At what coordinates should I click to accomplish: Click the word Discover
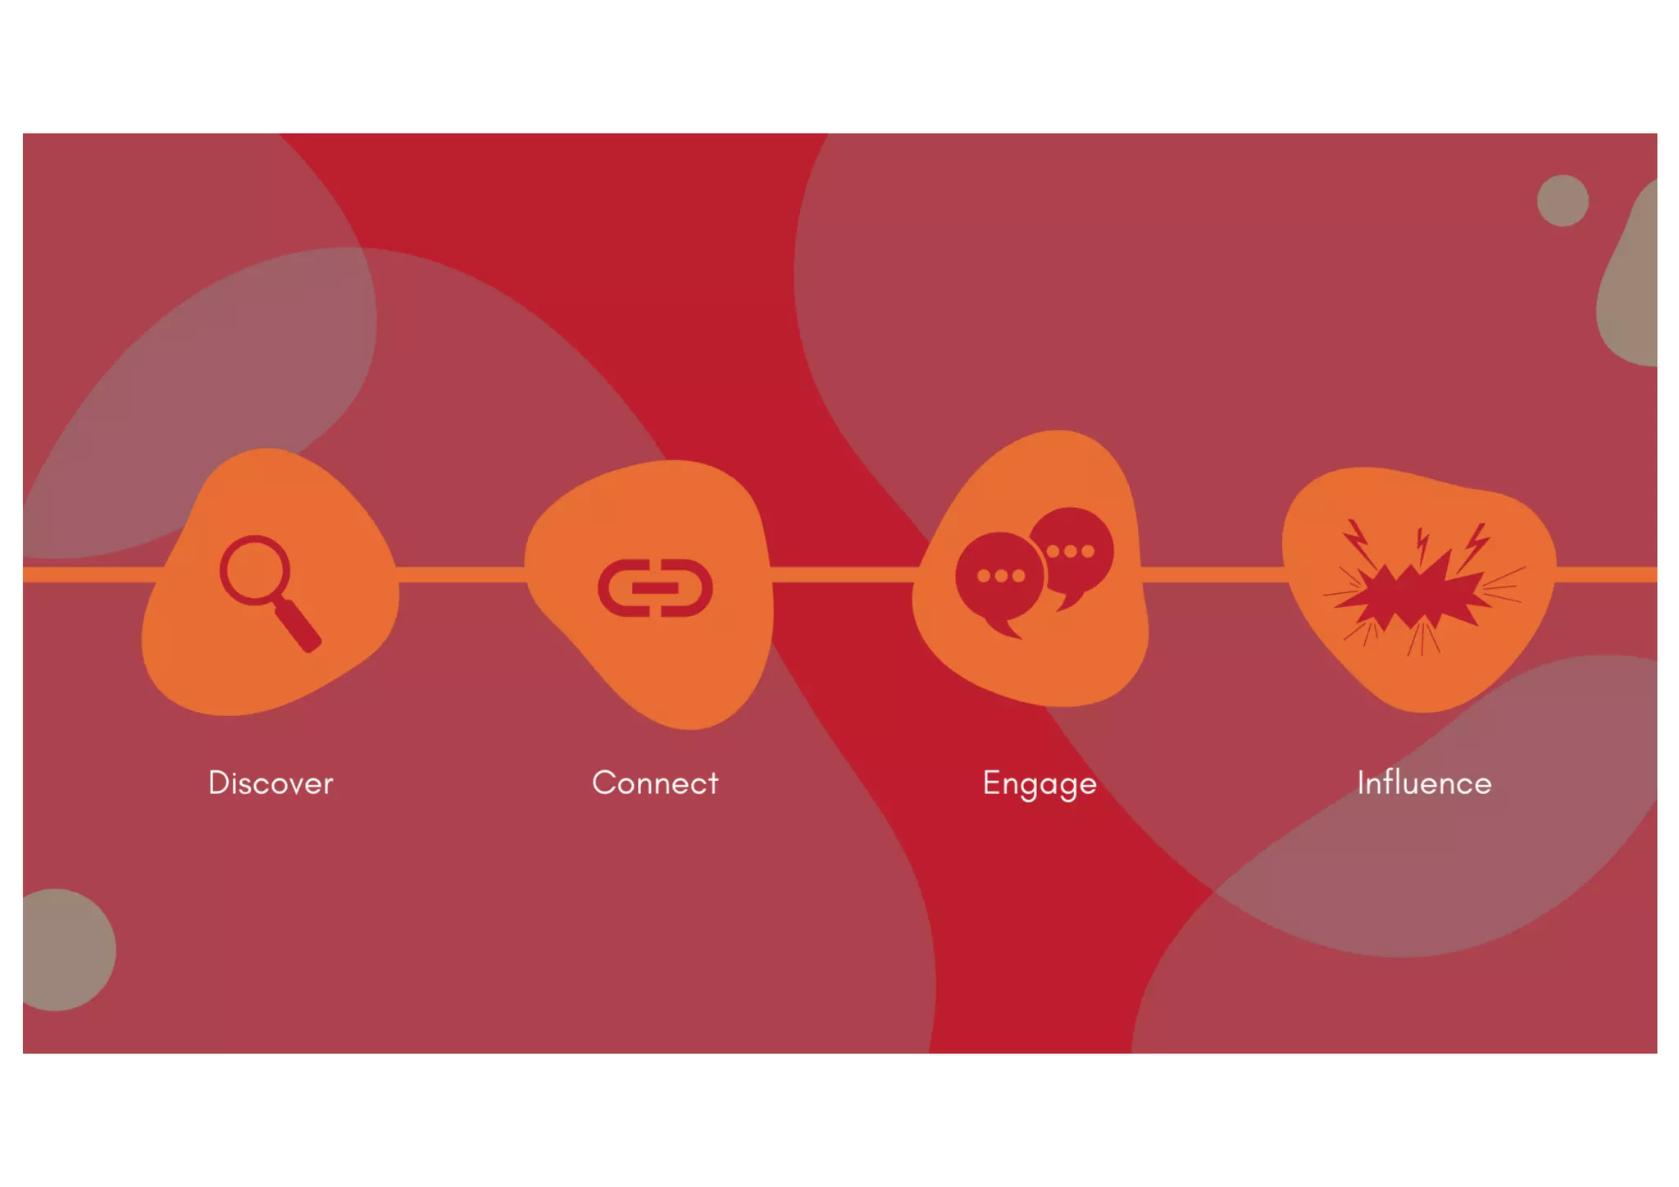click(271, 783)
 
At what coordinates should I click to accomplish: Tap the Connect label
click(655, 783)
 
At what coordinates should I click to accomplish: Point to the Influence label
click(1424, 783)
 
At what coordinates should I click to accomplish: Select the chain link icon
click(655, 587)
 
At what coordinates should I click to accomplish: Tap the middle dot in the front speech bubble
click(1001, 576)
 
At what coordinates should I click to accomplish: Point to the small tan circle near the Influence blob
click(1563, 200)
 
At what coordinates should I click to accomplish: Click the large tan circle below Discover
click(61, 950)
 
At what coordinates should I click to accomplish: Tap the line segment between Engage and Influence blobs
click(1213, 574)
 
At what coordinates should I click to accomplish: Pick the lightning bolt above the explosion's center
click(1422, 546)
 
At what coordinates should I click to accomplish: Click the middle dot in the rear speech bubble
click(1071, 551)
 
